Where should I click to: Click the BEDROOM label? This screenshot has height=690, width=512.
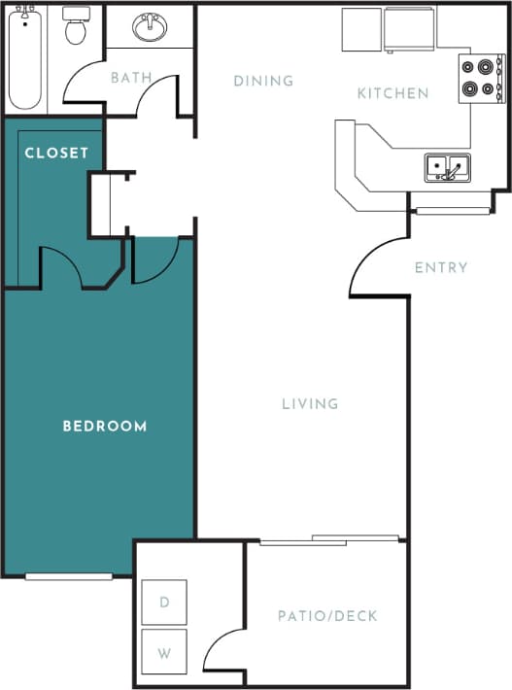pyautogui.click(x=105, y=426)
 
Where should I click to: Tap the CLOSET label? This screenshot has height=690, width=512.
pyautogui.click(x=56, y=153)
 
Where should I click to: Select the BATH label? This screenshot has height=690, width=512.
pyautogui.click(x=131, y=77)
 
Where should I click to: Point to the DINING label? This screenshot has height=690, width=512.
pyautogui.click(x=263, y=81)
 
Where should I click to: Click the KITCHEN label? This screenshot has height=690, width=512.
pyautogui.click(x=393, y=93)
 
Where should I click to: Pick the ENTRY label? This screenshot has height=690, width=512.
pyautogui.click(x=441, y=267)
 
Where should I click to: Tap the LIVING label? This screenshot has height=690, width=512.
pyautogui.click(x=310, y=403)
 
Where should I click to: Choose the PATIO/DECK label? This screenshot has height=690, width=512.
pyautogui.click(x=327, y=616)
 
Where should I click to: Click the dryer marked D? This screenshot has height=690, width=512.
pyautogui.click(x=164, y=603)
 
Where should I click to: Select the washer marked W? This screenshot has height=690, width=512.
pyautogui.click(x=164, y=652)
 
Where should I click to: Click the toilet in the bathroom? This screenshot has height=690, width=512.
pyautogui.click(x=76, y=29)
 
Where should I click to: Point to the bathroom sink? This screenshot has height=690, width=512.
pyautogui.click(x=150, y=28)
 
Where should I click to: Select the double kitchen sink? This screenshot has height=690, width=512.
pyautogui.click(x=447, y=167)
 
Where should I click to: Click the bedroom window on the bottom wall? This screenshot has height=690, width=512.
pyautogui.click(x=68, y=576)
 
